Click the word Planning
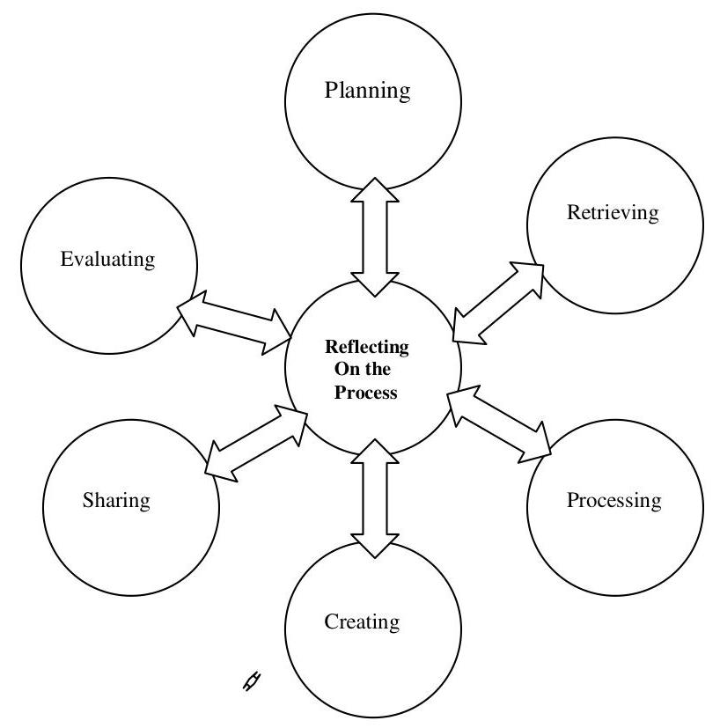click(367, 91)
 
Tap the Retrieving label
click(613, 212)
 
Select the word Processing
click(613, 501)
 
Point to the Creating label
click(362, 622)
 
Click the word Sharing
click(116, 501)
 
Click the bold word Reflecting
click(367, 347)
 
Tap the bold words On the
click(362, 370)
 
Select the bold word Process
click(365, 393)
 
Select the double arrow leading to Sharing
click(255, 443)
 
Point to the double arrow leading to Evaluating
click(236, 321)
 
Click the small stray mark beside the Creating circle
click(253, 680)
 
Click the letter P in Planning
click(331, 90)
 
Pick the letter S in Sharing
click(88, 501)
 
